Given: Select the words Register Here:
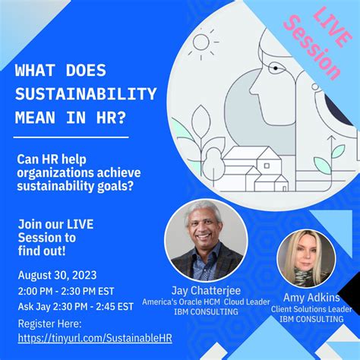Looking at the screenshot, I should click(50, 322).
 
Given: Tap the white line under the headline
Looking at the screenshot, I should click(72, 137).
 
